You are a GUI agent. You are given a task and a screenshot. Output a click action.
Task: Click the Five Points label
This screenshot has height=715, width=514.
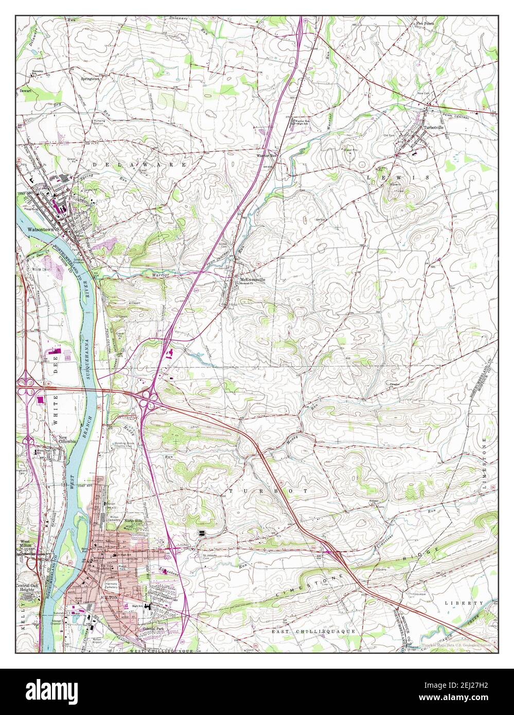425,24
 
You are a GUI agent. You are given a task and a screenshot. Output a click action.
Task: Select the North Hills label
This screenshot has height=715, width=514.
133,522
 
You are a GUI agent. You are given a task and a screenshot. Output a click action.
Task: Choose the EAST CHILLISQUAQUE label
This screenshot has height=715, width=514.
307,630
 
